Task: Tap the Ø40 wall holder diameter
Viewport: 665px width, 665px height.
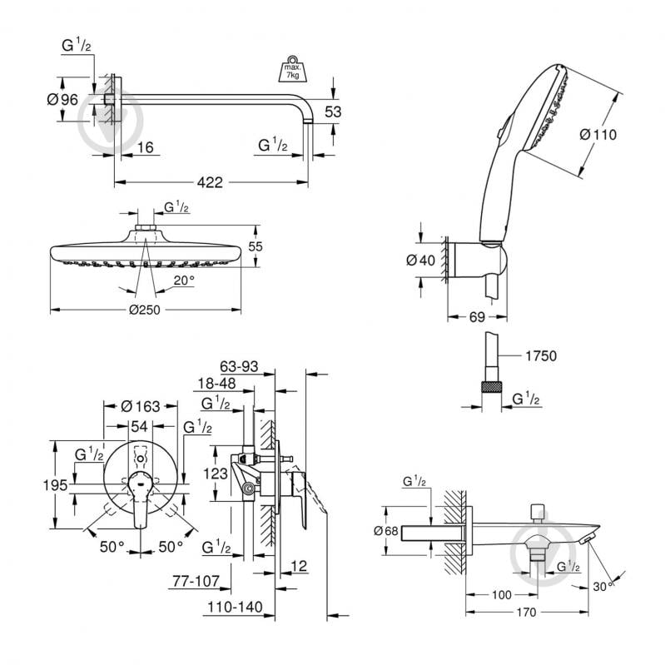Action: (420, 260)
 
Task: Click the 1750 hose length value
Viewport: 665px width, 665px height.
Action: (540, 355)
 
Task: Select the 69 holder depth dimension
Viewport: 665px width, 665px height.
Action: (476, 317)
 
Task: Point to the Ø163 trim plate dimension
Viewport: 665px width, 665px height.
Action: (140, 407)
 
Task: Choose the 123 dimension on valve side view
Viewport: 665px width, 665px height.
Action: (216, 473)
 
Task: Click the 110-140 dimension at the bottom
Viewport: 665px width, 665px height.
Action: (231, 610)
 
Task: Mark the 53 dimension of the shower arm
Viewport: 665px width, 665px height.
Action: (333, 112)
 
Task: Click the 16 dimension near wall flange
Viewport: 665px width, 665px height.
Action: (146, 146)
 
